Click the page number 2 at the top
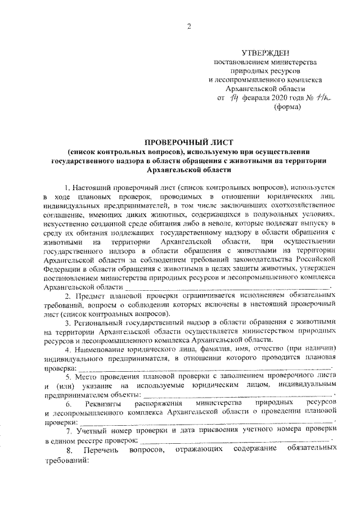(x=190, y=26)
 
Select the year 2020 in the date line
(x=280, y=98)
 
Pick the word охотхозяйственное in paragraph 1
(x=304, y=206)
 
